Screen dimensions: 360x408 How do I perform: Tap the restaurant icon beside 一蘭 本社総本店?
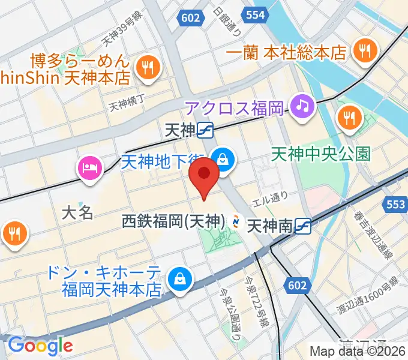tap(364, 49)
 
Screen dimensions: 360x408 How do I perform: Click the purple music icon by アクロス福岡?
tap(302, 107)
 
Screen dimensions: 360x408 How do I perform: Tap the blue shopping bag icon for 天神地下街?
tap(224, 160)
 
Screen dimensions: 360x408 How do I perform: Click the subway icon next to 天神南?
tap(304, 226)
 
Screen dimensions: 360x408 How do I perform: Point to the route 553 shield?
tap(396, 205)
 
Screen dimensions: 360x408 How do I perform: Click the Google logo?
tap(40, 345)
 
